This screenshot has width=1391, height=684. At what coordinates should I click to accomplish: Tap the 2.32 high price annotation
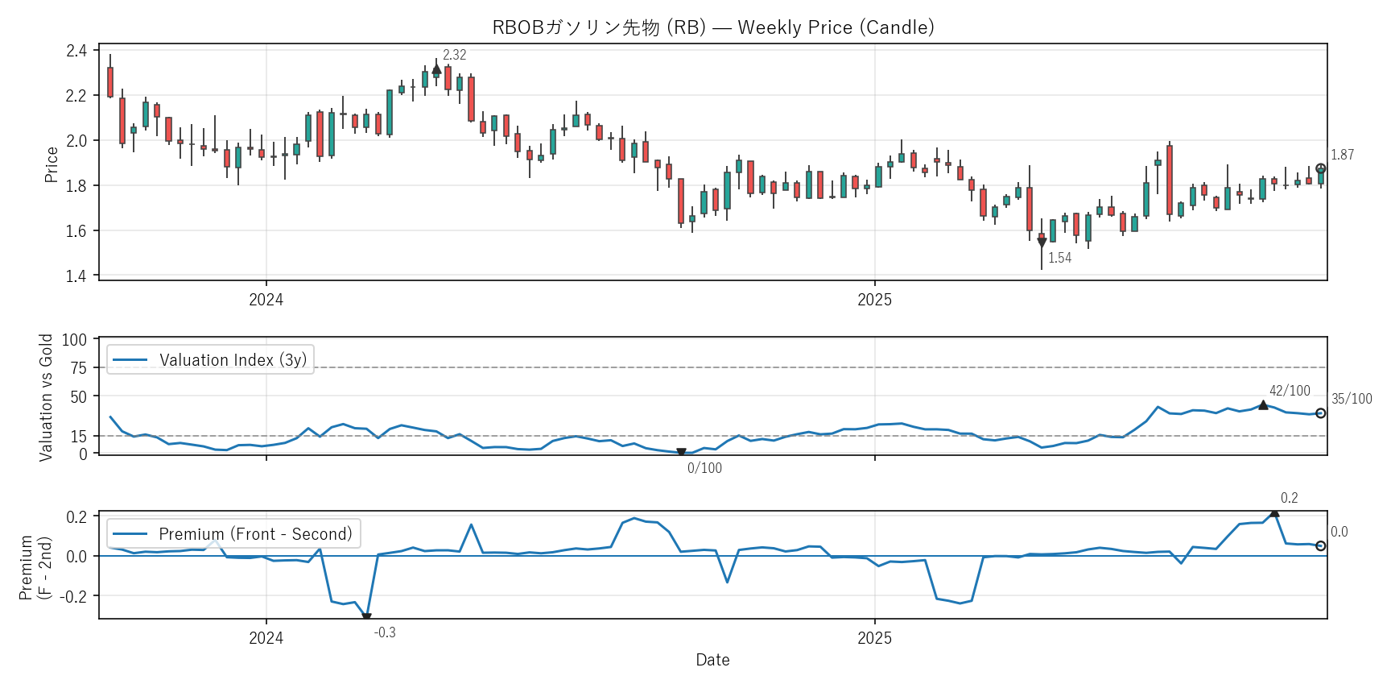[x=454, y=55]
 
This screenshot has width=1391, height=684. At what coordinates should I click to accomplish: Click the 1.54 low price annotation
[x=1059, y=258]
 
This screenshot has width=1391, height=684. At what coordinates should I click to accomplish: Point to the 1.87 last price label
[x=1342, y=155]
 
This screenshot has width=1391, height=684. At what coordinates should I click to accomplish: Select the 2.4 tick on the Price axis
[x=76, y=51]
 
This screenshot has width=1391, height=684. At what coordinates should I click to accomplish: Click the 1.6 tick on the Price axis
[x=76, y=231]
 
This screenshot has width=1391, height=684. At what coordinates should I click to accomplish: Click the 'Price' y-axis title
[x=52, y=164]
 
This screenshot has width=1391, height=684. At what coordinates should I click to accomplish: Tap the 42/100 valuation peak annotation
[x=1290, y=391]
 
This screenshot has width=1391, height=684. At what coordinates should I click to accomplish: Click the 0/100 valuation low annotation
[x=704, y=468]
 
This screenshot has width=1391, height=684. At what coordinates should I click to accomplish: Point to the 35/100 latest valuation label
[x=1352, y=399]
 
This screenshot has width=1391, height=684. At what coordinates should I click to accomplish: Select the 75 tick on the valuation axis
[x=78, y=368]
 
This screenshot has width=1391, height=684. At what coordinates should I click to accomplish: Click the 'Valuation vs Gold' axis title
[x=46, y=397]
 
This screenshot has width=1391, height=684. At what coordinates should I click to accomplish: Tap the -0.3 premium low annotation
[x=385, y=632]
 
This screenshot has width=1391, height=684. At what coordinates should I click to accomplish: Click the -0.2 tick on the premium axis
[x=76, y=596]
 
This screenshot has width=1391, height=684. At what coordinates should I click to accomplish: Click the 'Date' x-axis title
[x=712, y=660]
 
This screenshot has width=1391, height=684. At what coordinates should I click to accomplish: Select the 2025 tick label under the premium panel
[x=874, y=638]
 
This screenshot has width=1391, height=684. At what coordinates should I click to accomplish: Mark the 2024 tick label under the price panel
[x=266, y=300]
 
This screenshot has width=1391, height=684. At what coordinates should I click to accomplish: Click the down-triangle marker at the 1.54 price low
[x=1042, y=243]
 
